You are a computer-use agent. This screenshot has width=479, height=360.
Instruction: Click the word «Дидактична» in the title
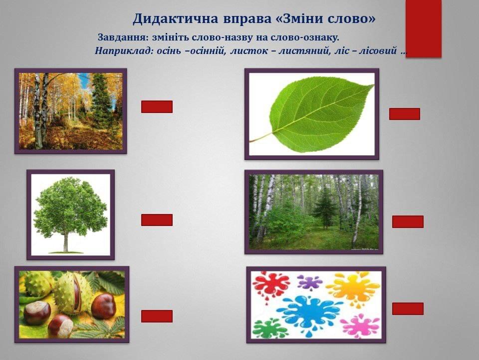(175, 18)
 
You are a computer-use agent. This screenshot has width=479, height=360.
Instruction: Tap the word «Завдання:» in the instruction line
(123, 38)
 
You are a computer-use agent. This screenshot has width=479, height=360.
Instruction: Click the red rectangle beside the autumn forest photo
(157, 106)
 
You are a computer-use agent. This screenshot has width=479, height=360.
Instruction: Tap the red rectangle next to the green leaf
(405, 114)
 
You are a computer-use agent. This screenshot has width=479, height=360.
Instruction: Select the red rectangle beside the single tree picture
(157, 220)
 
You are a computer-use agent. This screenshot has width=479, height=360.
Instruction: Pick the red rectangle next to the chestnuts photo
(157, 316)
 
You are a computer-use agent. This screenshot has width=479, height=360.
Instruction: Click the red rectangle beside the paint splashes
(408, 308)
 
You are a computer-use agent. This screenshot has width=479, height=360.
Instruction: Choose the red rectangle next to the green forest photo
(408, 221)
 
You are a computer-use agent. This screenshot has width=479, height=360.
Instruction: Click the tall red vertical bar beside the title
(424, 28)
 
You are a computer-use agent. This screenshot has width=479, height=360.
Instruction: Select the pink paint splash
(360, 325)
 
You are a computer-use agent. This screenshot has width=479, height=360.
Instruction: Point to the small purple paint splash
(309, 282)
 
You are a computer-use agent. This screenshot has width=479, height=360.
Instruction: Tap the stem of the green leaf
(261, 137)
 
